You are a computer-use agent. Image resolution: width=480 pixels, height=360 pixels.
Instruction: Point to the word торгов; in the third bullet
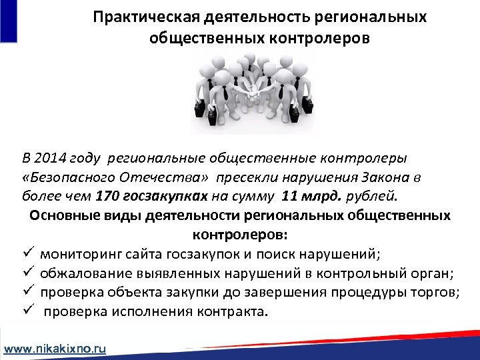coord(438,293)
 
